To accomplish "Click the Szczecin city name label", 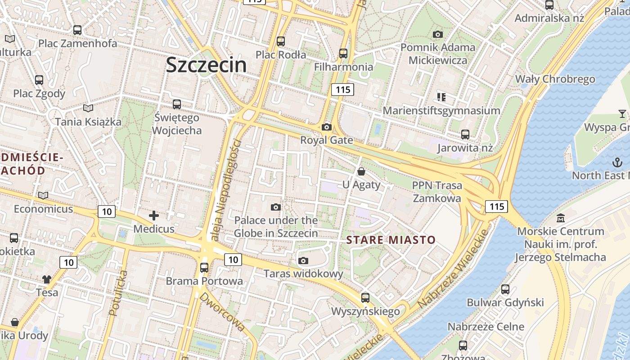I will click(206, 64).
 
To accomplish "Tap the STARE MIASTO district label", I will click(391, 240).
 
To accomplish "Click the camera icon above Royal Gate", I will click(327, 127).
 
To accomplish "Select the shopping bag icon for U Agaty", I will click(361, 171).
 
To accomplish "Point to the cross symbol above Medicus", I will click(154, 216).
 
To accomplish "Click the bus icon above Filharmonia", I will click(343, 53).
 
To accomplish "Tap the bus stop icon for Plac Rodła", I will click(281, 41).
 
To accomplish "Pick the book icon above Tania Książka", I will click(88, 108).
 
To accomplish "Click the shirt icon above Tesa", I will click(47, 279).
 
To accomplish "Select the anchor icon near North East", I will click(616, 162).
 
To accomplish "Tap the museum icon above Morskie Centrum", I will click(561, 218).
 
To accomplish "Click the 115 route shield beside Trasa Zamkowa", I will click(496, 206).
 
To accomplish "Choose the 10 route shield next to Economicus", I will click(106, 211).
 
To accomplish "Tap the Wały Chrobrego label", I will click(555, 79).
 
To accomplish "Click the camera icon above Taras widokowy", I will click(303, 261).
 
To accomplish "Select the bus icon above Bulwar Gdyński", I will click(505, 289).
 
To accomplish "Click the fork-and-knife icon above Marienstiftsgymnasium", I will click(441, 97).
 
